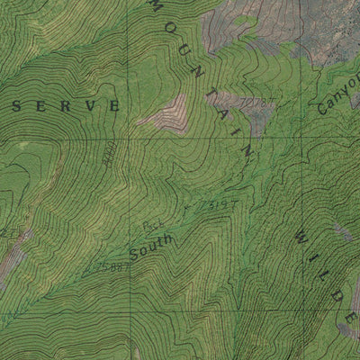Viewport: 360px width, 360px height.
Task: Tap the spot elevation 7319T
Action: coord(220,205)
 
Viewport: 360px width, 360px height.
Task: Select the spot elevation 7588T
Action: coord(106,266)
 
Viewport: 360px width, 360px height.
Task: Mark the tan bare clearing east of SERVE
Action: coord(164,115)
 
